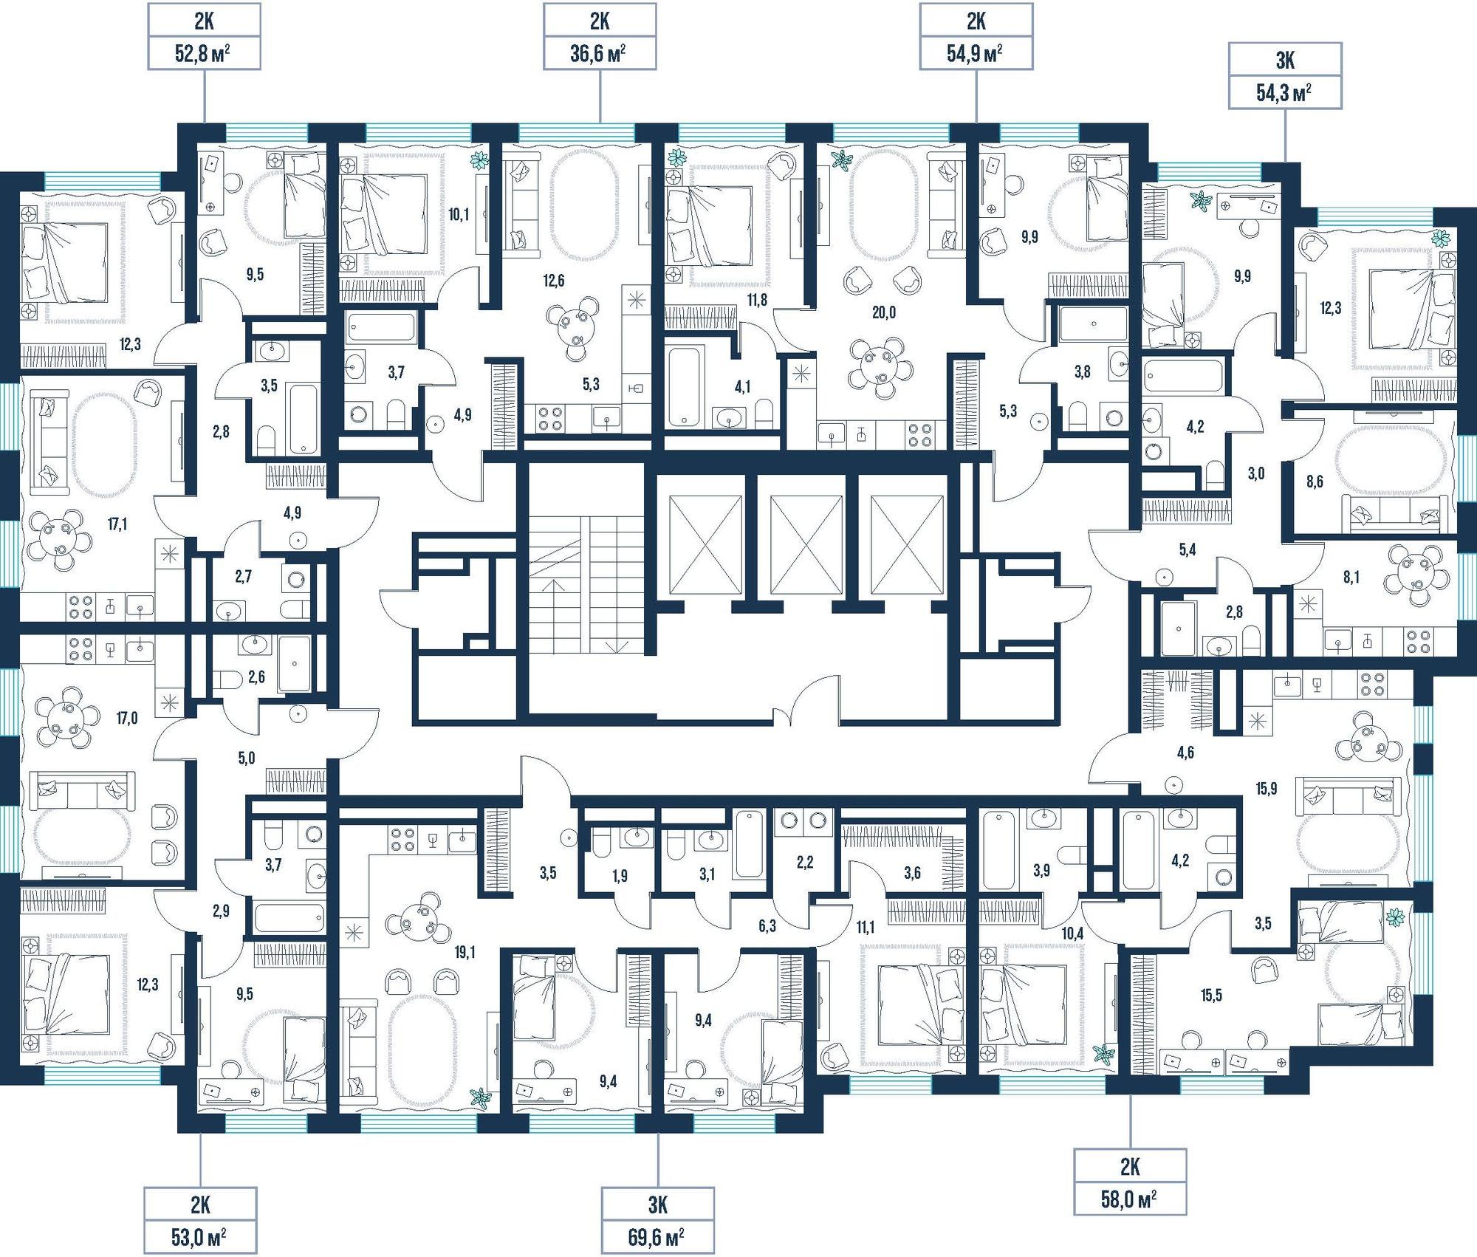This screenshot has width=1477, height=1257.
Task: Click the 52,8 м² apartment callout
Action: (205, 35)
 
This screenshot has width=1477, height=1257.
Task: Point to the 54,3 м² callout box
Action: (1285, 75)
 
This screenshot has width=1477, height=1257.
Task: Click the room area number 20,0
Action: (884, 312)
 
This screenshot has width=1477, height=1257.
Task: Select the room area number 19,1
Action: (465, 953)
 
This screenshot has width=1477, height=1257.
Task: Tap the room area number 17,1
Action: (117, 524)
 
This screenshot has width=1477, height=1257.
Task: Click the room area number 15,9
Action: (1266, 789)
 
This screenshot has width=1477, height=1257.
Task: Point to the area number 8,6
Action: (1315, 482)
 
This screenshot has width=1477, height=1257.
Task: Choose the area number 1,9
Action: (620, 876)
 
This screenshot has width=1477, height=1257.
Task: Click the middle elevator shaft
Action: (806, 544)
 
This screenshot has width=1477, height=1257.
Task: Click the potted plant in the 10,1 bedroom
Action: (480, 160)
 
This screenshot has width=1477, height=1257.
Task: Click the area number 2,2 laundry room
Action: (805, 861)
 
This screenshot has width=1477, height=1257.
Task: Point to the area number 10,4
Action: (1072, 934)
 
